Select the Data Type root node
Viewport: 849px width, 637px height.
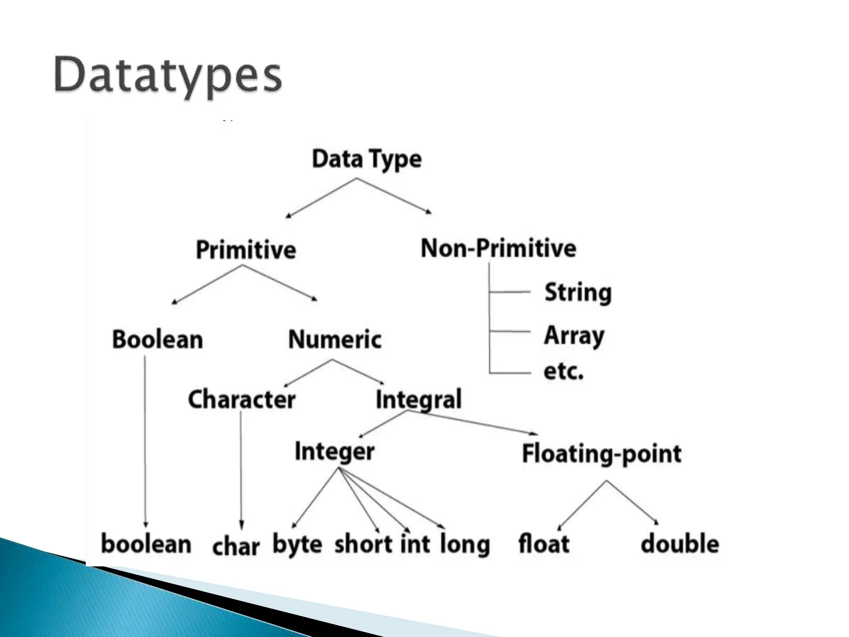coord(366,160)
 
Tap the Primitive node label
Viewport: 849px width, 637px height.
coord(246,250)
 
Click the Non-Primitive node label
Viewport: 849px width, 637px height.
coord(498,249)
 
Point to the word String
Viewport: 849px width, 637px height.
coord(578,293)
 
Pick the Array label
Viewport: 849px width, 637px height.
coord(574,336)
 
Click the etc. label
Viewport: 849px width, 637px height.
coord(563,372)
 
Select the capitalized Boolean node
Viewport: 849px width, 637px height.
coord(158,340)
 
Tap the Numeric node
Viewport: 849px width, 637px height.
coord(335,340)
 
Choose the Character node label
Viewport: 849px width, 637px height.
coord(242,400)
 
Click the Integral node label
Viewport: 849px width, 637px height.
coord(418,400)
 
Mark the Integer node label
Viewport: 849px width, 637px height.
coord(335,452)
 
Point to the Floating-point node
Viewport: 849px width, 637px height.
coord(602,454)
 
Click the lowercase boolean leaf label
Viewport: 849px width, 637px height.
coord(146,544)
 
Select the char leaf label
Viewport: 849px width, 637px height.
coord(236,547)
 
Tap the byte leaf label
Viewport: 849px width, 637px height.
coord(297,545)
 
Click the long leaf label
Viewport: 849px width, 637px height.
coord(465,545)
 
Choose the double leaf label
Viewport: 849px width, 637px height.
coord(680,544)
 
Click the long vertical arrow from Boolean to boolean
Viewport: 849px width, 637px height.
coord(145,440)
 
